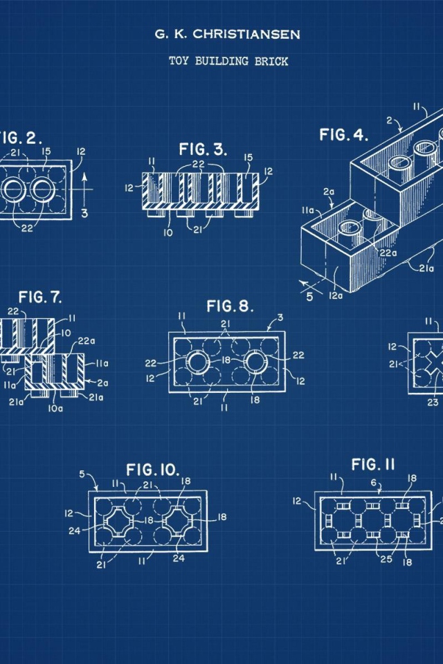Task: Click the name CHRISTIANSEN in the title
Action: tap(246, 35)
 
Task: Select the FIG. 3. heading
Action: tap(203, 149)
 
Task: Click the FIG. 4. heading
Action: tap(344, 135)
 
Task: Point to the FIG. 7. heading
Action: tap(40, 297)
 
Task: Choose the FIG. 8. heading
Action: tap(230, 306)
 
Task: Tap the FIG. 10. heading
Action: tap(153, 469)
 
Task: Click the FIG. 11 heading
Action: tap(373, 465)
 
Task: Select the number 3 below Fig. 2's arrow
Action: tap(84, 213)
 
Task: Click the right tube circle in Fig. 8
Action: tap(256, 362)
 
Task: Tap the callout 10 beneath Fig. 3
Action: tap(168, 232)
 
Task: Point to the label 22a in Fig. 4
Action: tap(388, 253)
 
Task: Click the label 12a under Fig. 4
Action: tap(335, 295)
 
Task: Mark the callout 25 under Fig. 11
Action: tap(386, 559)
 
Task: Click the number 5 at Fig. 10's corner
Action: tap(82, 474)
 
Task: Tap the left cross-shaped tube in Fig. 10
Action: tap(116, 520)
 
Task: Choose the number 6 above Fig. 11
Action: tap(374, 482)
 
